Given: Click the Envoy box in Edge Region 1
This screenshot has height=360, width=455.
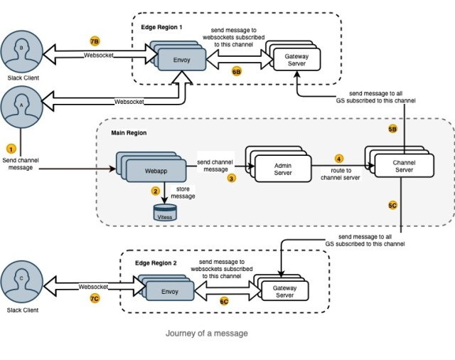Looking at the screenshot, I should tap(181, 60).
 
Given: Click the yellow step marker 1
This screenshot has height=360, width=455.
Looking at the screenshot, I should tap(10, 149).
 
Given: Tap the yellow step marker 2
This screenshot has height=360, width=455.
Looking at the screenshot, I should tap(155, 191).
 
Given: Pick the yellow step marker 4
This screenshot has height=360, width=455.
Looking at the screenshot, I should tap(338, 158).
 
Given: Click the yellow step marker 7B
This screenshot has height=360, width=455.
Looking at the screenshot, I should tap(95, 41).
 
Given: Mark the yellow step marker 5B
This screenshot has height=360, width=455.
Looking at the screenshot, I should tap(392, 129).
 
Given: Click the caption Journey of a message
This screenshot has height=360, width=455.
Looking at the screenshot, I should tap(207, 333).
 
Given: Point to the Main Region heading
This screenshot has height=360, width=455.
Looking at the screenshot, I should tap(129, 133).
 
